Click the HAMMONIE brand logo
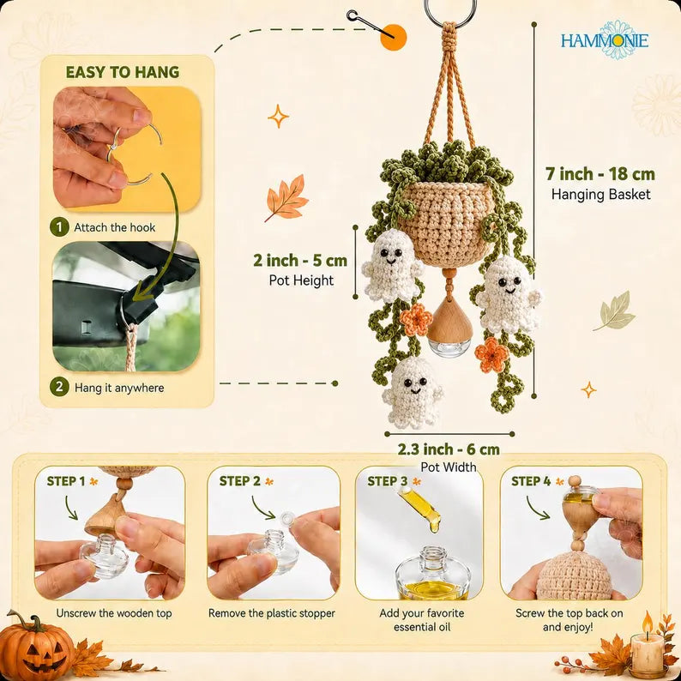point(604,40)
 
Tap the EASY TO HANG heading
point(123,72)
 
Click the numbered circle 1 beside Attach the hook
point(59,227)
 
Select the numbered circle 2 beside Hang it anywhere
point(59,387)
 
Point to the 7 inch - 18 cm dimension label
point(600,174)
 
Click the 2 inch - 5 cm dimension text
point(300,260)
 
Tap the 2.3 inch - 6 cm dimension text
point(449,449)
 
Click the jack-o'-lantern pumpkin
point(36,645)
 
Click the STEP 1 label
point(66,481)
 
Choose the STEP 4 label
point(531,481)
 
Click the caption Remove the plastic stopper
point(272,613)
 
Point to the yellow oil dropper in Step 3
point(419,507)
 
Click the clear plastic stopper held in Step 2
point(287,518)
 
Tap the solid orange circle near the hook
point(394,38)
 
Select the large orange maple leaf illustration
point(286,198)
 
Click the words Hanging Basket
point(600,194)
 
